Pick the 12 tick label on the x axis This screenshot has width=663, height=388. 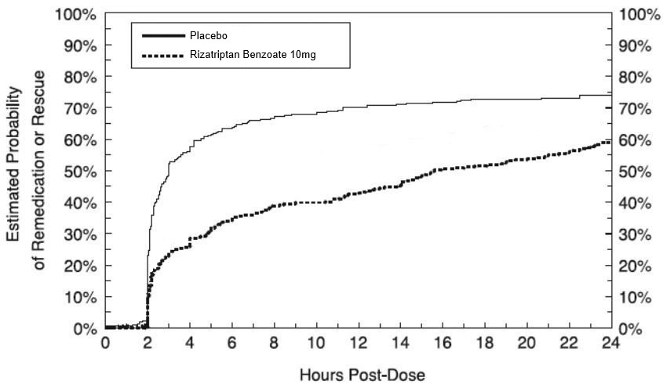click(x=358, y=343)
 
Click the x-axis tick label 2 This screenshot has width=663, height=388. click(x=148, y=343)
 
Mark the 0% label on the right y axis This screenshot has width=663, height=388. click(x=631, y=328)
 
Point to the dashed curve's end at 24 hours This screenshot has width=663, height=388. click(x=610, y=142)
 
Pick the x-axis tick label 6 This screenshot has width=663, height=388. click(x=231, y=343)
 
